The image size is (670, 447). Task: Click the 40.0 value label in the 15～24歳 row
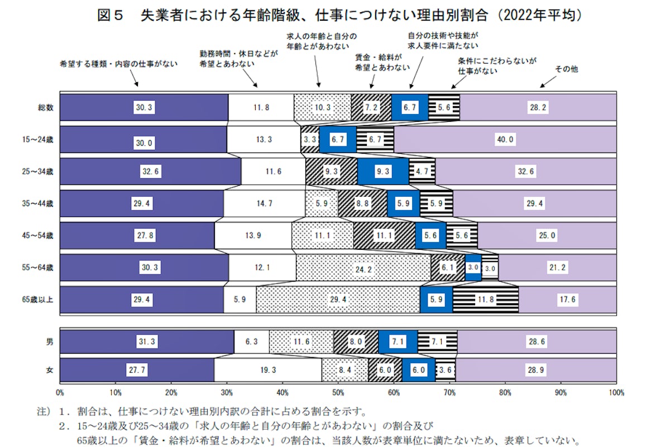505,140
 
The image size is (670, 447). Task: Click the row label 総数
45,108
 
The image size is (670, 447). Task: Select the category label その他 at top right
566,69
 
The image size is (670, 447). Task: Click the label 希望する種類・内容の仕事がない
118,64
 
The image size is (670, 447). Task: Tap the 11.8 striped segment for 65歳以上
486,300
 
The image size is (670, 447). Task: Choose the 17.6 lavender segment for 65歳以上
567,300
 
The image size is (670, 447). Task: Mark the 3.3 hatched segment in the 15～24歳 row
310,140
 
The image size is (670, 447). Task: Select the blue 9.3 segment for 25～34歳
383,172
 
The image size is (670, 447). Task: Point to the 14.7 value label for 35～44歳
264,204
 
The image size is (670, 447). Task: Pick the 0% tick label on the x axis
60,392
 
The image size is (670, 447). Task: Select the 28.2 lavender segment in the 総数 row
538,108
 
